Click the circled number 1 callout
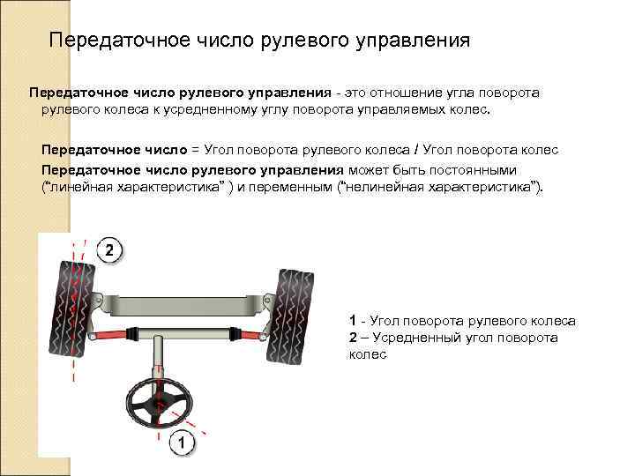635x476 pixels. pyautogui.click(x=181, y=443)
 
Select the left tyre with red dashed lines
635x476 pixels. pyautogui.click(x=71, y=308)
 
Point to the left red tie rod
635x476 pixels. pyautogui.click(x=106, y=336)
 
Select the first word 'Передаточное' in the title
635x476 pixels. pyautogui.click(x=106, y=41)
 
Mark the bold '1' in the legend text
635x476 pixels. pyautogui.click(x=353, y=321)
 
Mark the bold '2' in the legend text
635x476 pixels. pyautogui.click(x=353, y=338)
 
